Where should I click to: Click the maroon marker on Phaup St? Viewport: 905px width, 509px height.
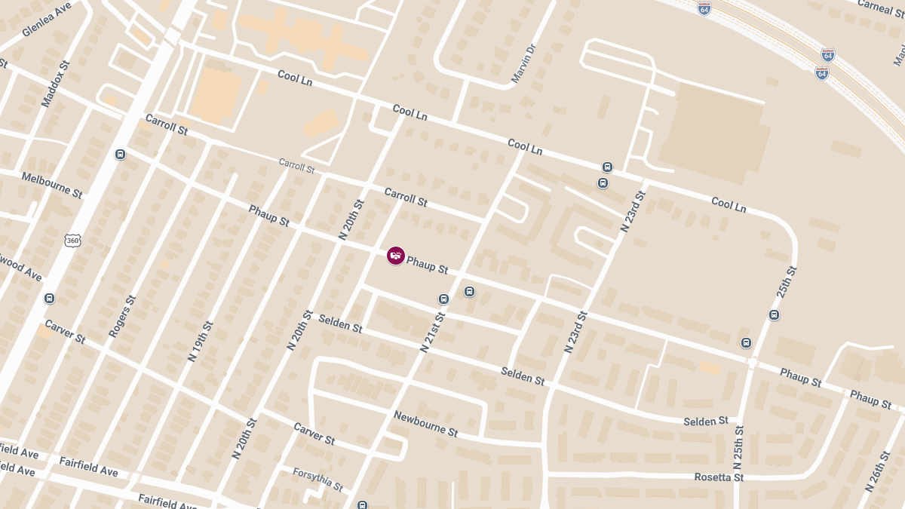click(396, 256)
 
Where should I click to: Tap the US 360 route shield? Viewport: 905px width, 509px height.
click(72, 241)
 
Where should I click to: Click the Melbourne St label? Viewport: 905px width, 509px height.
click(51, 185)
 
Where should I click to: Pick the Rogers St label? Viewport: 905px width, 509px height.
click(122, 315)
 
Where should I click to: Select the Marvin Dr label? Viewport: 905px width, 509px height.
click(523, 63)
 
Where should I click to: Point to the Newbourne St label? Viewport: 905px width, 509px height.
click(425, 424)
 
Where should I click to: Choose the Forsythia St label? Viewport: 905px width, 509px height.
click(318, 478)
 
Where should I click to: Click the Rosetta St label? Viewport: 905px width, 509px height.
click(718, 477)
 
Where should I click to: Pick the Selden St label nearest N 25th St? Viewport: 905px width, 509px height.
click(706, 421)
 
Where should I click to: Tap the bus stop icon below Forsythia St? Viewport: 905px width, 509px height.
click(363, 504)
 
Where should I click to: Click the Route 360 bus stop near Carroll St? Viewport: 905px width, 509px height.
click(120, 155)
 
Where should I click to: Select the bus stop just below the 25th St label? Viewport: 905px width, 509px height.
click(774, 315)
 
